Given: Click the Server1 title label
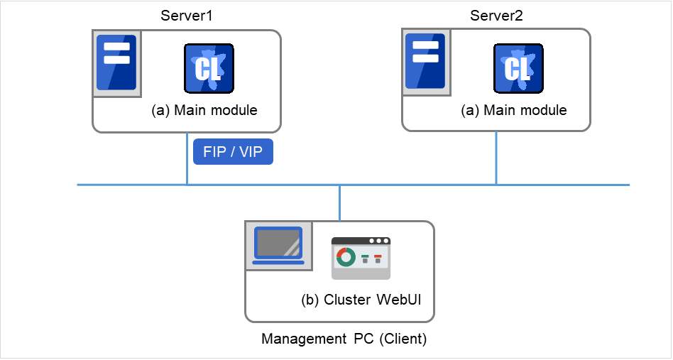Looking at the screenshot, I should [187, 16].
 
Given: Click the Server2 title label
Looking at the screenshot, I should [496, 16].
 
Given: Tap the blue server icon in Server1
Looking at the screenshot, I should [116, 62].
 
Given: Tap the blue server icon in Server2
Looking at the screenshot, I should [425, 62].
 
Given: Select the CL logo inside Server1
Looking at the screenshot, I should [209, 70].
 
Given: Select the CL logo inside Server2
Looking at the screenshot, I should [518, 70].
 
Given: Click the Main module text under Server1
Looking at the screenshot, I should [204, 111].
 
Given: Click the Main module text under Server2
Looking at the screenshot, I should [514, 111].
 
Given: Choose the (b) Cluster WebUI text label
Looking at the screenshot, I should [361, 300].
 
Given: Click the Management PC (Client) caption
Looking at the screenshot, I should [344, 339].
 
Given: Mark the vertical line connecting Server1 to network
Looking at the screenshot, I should [187, 158].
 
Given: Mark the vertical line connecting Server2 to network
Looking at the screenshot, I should [496, 158].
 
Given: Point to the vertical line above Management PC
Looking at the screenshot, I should [340, 202].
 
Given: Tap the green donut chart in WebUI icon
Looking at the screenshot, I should [346, 257].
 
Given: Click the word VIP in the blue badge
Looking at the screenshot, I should [252, 152].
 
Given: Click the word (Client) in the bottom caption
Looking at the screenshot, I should [403, 339].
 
